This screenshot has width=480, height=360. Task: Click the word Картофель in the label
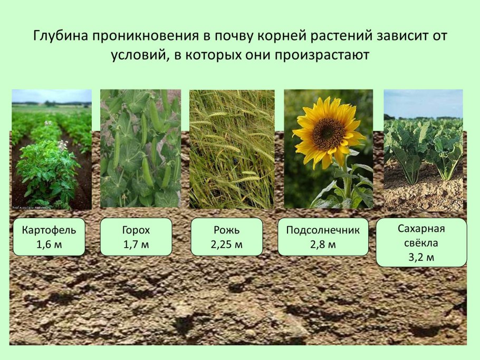click(x=49, y=230)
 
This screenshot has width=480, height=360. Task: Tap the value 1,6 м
click(x=49, y=245)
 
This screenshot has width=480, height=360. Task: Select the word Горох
click(x=136, y=230)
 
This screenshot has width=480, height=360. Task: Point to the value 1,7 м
click(x=136, y=245)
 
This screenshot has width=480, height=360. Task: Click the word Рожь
click(x=226, y=230)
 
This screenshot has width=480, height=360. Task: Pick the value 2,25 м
click(x=226, y=245)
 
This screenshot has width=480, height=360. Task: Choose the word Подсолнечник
click(x=323, y=230)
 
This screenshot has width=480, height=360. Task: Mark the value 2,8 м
click(x=323, y=245)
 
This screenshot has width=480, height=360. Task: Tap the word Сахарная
click(x=421, y=229)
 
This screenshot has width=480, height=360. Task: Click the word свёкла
click(x=421, y=243)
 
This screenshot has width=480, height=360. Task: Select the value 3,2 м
click(x=421, y=257)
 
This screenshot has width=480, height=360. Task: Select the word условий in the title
click(x=138, y=55)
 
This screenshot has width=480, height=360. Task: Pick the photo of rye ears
click(x=232, y=149)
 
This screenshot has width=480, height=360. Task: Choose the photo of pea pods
click(x=140, y=149)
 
